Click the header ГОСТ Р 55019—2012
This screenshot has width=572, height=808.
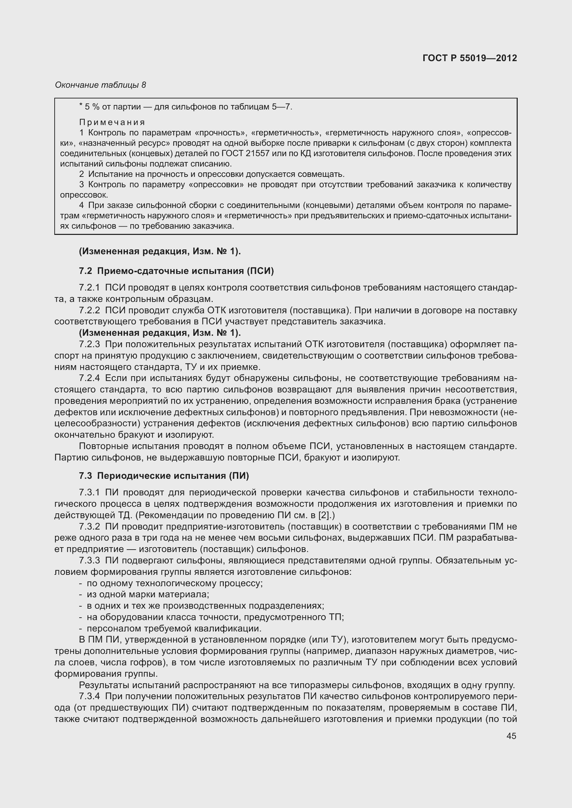[470, 58]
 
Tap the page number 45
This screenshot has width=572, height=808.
[511, 736]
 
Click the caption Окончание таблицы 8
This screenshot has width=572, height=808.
[100, 85]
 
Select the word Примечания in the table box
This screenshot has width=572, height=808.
[112, 123]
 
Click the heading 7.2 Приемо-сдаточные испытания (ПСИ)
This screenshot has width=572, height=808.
[176, 271]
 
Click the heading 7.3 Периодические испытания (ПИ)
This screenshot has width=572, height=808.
[164, 476]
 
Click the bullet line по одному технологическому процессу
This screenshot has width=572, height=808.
[174, 583]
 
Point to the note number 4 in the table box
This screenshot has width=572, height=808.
[81, 205]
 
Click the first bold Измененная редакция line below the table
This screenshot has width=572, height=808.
[160, 251]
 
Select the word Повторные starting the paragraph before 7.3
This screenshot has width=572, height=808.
[103, 446]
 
